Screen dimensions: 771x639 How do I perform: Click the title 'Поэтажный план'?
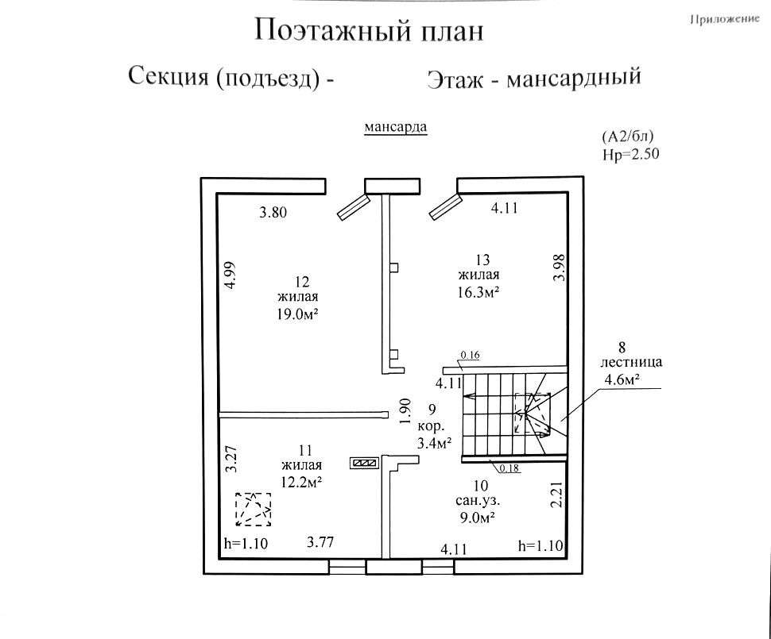(x=369, y=31)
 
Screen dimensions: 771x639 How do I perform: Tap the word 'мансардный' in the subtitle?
(x=574, y=78)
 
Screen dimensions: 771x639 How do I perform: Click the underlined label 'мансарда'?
(x=396, y=127)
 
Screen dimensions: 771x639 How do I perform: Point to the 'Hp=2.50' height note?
(x=631, y=154)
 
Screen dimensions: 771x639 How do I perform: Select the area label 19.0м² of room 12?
(x=297, y=314)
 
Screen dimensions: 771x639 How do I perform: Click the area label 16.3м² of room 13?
(x=478, y=292)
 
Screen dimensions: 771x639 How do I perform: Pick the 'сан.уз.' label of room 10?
(x=478, y=501)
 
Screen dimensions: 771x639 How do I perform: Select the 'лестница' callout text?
(x=631, y=363)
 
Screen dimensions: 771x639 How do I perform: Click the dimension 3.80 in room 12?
(x=273, y=213)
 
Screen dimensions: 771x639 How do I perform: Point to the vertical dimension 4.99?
(x=231, y=275)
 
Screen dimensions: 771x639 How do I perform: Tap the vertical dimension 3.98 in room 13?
(x=559, y=268)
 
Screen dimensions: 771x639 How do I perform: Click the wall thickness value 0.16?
(x=470, y=355)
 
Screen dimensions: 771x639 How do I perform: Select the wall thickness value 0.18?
(x=509, y=468)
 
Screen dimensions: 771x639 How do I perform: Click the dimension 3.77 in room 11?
(x=320, y=542)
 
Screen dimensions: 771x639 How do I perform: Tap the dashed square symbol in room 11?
(x=253, y=510)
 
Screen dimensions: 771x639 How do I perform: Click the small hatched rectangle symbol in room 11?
(x=364, y=463)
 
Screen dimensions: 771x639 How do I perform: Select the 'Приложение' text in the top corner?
(x=725, y=20)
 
